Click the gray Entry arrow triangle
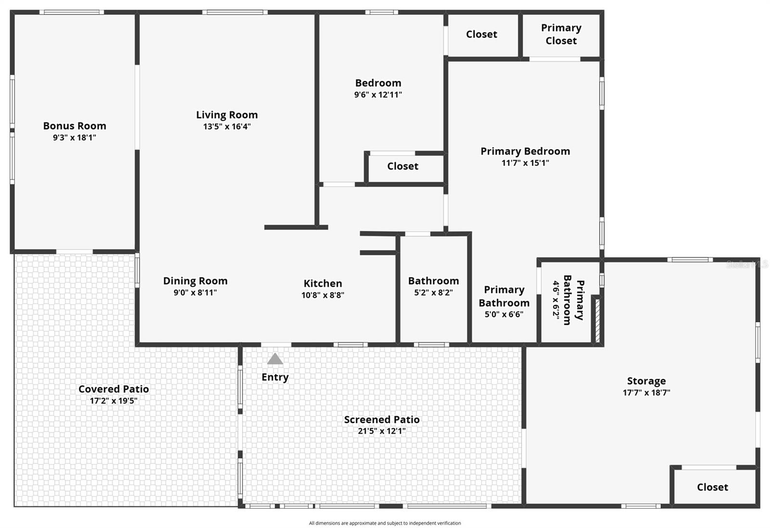coord(275,359)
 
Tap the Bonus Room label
coord(75,126)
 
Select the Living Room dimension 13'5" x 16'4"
coord(227,127)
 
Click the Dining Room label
coord(195,281)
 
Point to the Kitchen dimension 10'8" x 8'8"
coord(322,295)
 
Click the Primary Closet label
coord(561,34)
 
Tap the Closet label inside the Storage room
coord(712,487)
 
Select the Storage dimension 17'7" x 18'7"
coord(646,393)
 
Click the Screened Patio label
coord(382,420)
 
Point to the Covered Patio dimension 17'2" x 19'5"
coord(114,401)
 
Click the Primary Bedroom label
coord(525,151)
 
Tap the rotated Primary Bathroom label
coord(573,300)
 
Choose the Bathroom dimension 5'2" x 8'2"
coord(433,293)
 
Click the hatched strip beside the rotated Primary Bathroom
coord(597,321)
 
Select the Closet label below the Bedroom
coord(403,166)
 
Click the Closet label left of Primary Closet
coord(481,34)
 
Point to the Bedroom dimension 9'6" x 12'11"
coord(378,95)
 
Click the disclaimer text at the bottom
coord(385,523)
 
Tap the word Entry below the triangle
coord(275,377)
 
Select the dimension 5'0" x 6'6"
coord(504,315)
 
